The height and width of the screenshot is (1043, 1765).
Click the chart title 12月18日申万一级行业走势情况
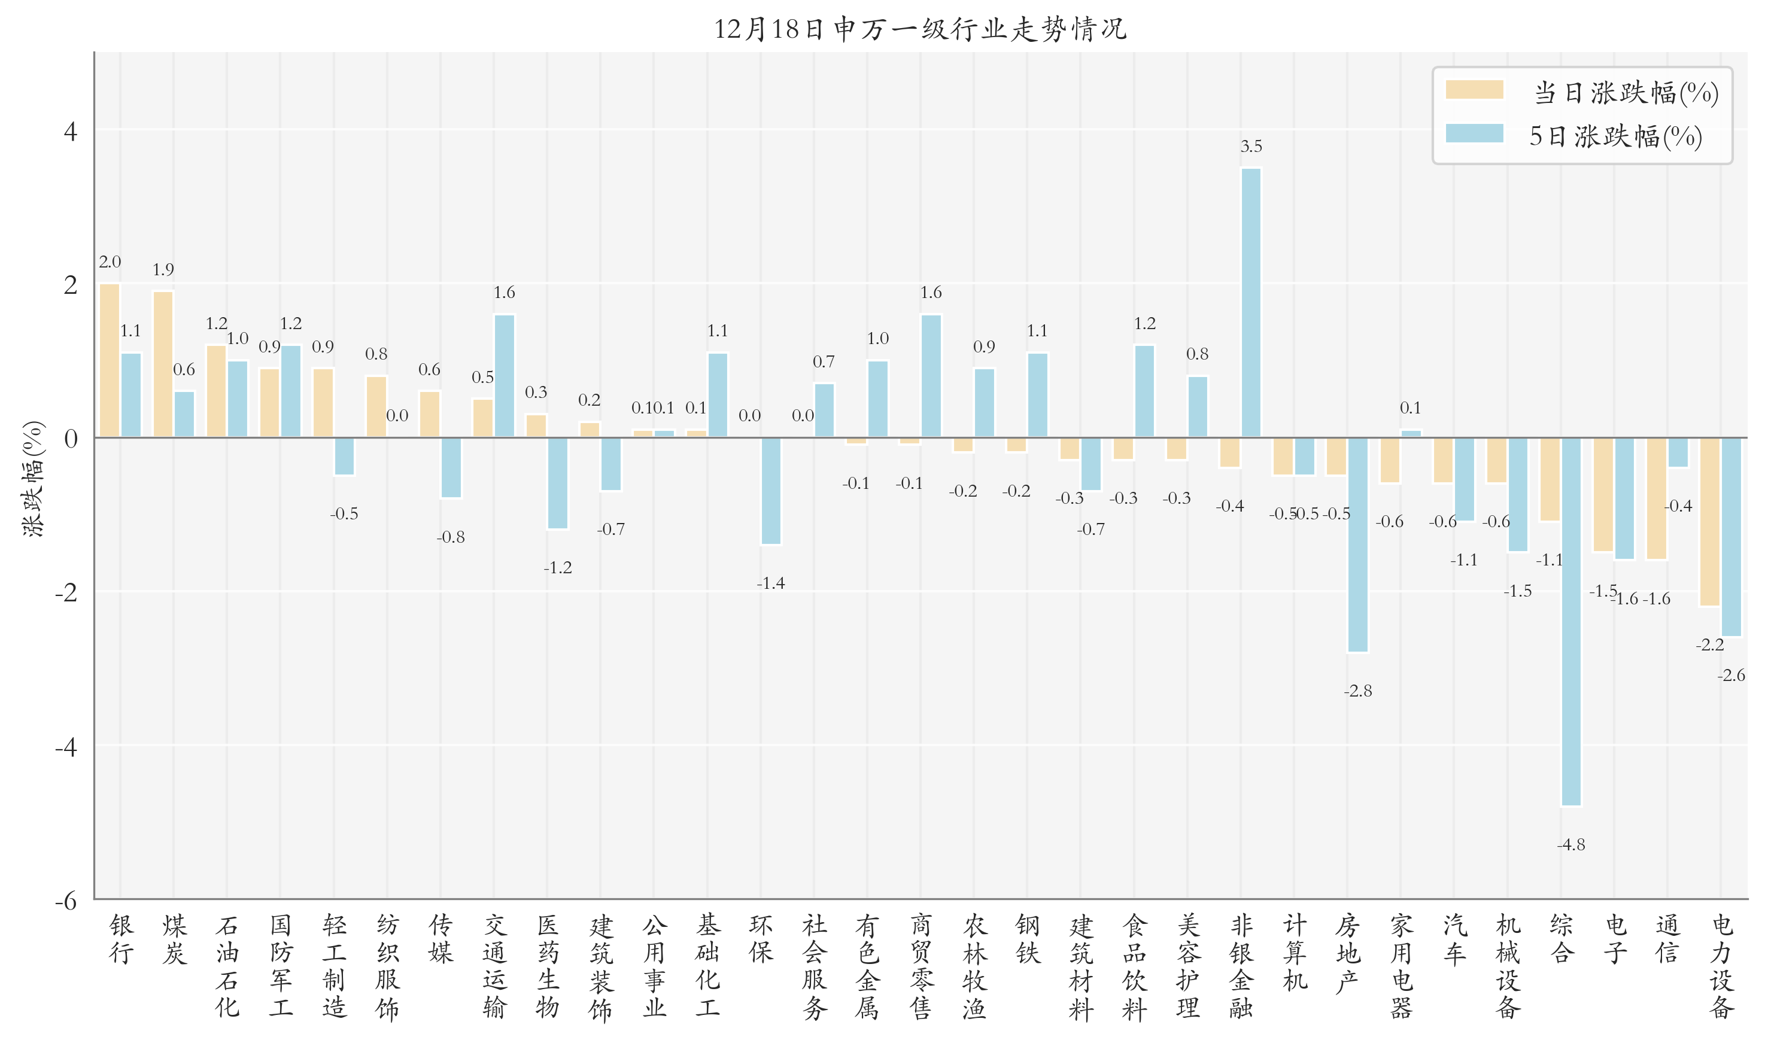[919, 29]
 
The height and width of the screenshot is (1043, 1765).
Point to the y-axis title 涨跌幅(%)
[33, 479]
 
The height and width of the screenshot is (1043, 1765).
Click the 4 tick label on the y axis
[70, 132]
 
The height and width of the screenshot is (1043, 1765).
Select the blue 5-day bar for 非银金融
[1250, 302]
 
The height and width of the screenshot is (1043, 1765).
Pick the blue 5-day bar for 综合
[1570, 621]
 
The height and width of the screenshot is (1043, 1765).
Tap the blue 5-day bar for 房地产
[1357, 545]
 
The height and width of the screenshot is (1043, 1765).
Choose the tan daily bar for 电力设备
[1709, 522]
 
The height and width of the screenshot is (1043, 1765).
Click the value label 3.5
[1250, 146]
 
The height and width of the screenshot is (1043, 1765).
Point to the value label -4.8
[1570, 845]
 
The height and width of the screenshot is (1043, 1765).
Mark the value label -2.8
[1357, 691]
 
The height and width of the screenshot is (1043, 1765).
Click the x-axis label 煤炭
[174, 939]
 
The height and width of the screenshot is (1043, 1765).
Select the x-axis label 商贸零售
[921, 966]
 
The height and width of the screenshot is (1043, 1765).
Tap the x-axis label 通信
[1667, 939]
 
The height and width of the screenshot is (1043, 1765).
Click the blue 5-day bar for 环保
[770, 491]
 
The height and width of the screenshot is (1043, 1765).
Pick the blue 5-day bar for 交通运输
[504, 376]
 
